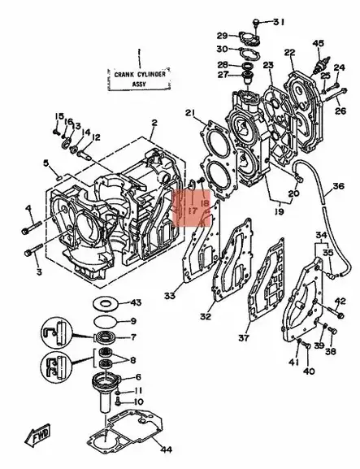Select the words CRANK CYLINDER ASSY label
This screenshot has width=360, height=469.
click(x=136, y=76)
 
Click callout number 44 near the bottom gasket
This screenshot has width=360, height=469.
click(x=166, y=449)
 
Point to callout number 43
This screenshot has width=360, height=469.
click(x=136, y=302)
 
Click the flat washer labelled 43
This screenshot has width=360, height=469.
click(x=103, y=302)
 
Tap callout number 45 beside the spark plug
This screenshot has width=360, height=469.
click(x=318, y=43)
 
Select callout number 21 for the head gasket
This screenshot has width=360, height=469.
click(x=190, y=112)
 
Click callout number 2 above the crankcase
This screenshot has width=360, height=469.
click(x=153, y=123)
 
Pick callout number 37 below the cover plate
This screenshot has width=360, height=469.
click(x=243, y=337)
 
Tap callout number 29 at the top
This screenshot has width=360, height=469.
click(x=221, y=35)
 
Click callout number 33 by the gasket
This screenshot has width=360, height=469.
click(x=169, y=296)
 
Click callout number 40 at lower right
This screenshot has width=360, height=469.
click(x=309, y=371)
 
